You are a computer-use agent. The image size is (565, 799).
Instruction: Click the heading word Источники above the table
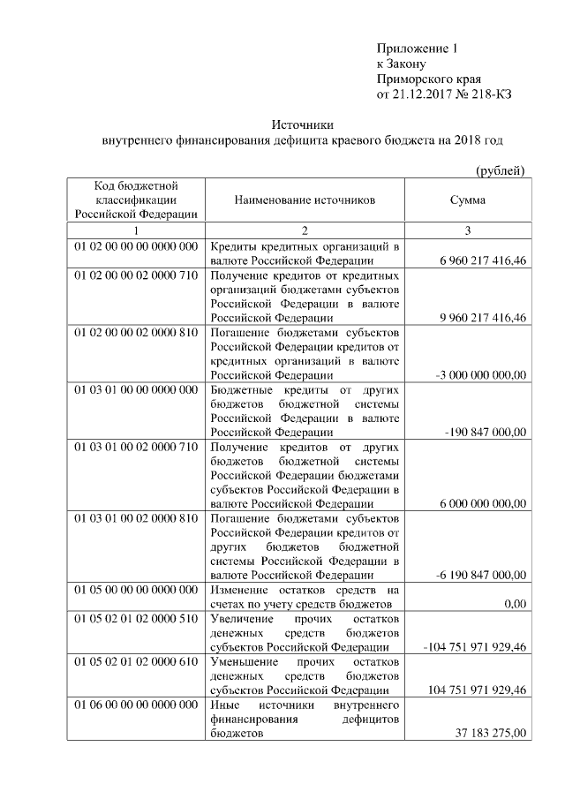303,125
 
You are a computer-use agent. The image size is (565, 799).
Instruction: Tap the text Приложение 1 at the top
418,47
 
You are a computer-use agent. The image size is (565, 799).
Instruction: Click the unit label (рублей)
501,170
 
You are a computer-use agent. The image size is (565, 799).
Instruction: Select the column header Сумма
467,200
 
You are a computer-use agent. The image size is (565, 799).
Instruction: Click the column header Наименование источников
305,200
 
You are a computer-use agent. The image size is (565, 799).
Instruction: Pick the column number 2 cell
305,230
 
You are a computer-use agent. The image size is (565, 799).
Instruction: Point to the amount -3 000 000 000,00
481,375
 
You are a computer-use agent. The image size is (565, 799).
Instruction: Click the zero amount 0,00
513,604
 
